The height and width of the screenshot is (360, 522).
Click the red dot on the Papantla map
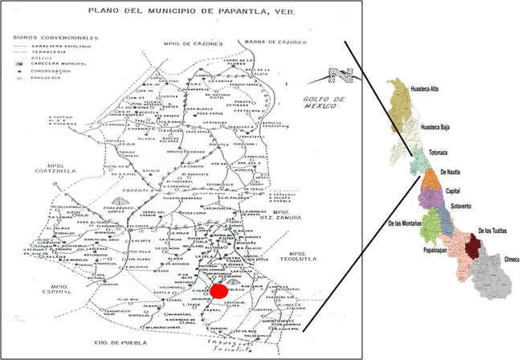(217, 291)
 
